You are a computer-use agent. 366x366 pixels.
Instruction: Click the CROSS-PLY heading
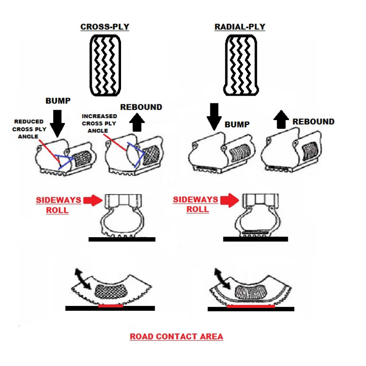click(105, 27)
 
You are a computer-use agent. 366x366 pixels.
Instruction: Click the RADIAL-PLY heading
click(240, 27)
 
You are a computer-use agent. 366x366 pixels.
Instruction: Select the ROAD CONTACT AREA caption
click(176, 336)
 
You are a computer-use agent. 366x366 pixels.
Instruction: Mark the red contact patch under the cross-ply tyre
click(110, 306)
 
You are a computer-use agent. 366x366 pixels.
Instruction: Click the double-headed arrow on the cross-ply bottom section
click(82, 279)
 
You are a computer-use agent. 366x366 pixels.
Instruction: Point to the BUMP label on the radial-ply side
click(237, 125)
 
